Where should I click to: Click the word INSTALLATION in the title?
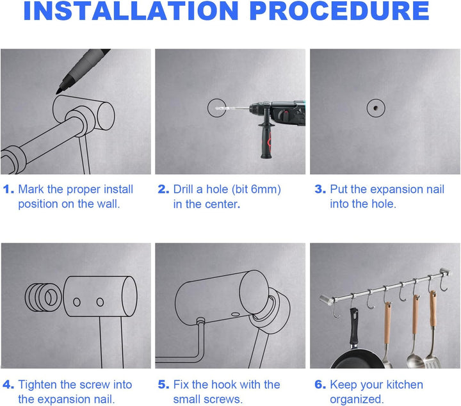tap(131, 11)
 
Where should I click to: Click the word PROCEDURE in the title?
tap(339, 11)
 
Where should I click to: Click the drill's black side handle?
tap(266, 135)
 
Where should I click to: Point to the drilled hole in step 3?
tap(376, 108)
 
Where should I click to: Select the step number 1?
tap(8, 190)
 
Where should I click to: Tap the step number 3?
tap(320, 190)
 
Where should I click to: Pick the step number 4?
tap(8, 384)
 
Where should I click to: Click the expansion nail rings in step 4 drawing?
tap(44, 297)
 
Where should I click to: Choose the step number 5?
tap(163, 384)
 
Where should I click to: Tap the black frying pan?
tap(357, 359)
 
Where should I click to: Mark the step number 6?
tap(320, 384)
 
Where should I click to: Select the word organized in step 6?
tap(357, 400)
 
